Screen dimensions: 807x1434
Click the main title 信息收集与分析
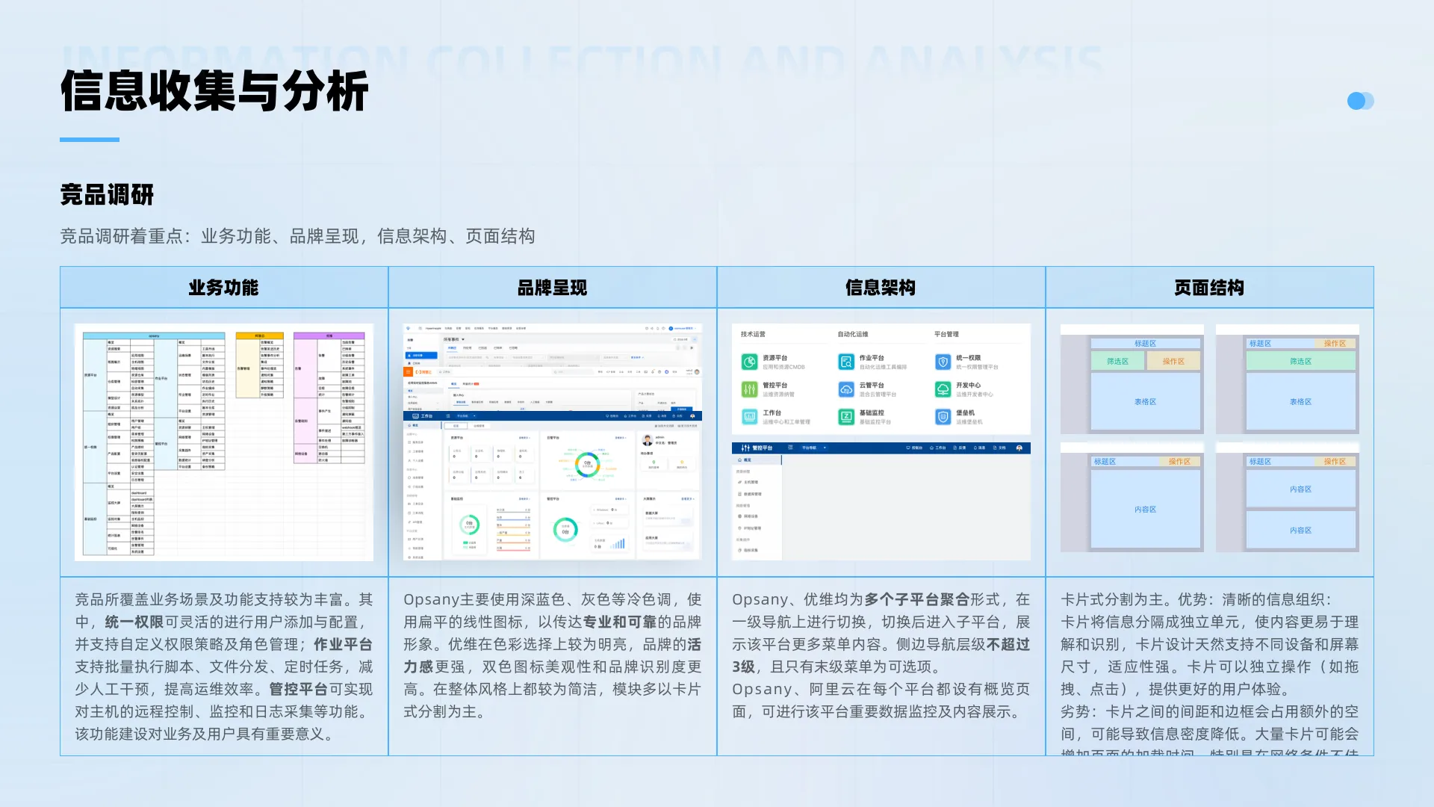[214, 91]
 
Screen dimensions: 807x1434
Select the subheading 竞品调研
[107, 195]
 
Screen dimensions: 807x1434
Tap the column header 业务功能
[223, 288]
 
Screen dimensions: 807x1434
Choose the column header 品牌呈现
[552, 288]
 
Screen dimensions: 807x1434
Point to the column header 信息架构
[881, 288]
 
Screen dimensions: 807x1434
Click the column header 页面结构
[1209, 288]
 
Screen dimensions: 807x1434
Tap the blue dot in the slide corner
[1356, 101]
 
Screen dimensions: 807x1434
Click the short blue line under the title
[90, 139]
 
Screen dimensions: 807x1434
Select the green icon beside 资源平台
[749, 362]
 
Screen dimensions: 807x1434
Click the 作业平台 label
[872, 358]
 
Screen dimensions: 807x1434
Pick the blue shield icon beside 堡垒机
[943, 417]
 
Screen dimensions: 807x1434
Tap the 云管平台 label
[872, 386]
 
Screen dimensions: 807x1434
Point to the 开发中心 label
[969, 386]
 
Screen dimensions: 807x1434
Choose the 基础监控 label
[872, 412]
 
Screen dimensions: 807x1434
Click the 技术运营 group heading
[753, 334]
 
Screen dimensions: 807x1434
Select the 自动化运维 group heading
[853, 334]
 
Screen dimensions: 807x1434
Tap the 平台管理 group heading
[946, 334]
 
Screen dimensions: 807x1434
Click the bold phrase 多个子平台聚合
[916, 599]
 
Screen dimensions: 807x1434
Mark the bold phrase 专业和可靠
[620, 622]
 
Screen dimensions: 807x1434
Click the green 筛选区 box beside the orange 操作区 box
[1117, 361]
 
